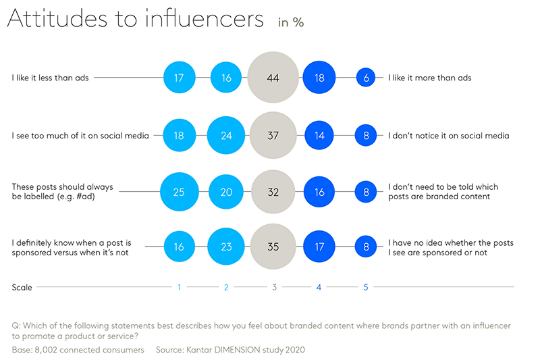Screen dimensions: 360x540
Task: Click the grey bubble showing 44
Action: pyautogui.click(x=273, y=78)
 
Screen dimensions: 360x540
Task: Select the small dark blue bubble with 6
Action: pyautogui.click(x=366, y=78)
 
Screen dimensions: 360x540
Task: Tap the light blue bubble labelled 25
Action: pyautogui.click(x=179, y=192)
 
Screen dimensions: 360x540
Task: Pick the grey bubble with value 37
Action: pyautogui.click(x=273, y=136)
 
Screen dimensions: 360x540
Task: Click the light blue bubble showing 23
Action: pyautogui.click(x=226, y=247)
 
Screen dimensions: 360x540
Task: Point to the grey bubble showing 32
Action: pyautogui.click(x=273, y=192)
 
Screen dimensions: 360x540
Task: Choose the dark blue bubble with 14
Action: pyautogui.click(x=319, y=136)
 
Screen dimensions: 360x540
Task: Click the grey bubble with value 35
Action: pyautogui.click(x=273, y=247)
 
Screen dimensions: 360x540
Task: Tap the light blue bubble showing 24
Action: pyautogui.click(x=226, y=136)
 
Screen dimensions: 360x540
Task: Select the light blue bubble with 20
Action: pyautogui.click(x=226, y=192)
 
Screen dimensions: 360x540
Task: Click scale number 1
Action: pyautogui.click(x=179, y=288)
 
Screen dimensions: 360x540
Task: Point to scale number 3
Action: pyautogui.click(x=273, y=288)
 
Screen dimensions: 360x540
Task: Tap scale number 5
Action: pyautogui.click(x=366, y=288)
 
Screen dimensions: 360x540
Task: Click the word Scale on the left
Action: pyautogui.click(x=22, y=288)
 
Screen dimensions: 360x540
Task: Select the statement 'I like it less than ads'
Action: pyautogui.click(x=50, y=78)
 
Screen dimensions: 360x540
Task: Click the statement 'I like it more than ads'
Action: pyautogui.click(x=429, y=78)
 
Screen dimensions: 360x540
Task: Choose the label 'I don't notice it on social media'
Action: pyautogui.click(x=448, y=136)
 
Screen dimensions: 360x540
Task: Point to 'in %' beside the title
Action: pyautogui.click(x=291, y=22)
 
